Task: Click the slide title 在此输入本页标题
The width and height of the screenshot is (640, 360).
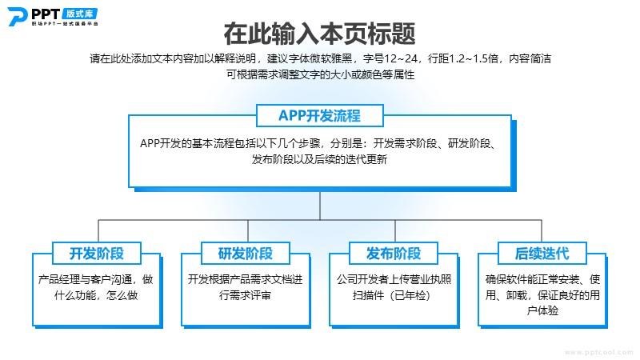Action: (x=319, y=34)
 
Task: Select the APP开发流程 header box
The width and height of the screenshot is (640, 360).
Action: (x=319, y=115)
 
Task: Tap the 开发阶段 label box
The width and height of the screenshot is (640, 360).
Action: (x=97, y=254)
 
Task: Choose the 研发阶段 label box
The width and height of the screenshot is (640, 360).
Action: (x=246, y=254)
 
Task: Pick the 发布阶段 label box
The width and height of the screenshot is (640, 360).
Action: (x=394, y=254)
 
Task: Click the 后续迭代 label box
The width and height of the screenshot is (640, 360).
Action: (x=542, y=254)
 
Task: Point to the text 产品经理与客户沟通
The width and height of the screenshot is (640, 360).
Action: (x=89, y=280)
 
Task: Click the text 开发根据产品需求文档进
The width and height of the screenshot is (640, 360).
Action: (x=246, y=280)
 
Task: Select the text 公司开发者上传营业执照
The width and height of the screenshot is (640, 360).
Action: (x=394, y=280)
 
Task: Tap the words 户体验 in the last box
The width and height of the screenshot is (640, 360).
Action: (x=543, y=310)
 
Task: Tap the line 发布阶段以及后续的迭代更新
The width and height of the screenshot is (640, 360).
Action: (x=319, y=159)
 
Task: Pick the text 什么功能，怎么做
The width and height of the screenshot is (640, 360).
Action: (x=97, y=295)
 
